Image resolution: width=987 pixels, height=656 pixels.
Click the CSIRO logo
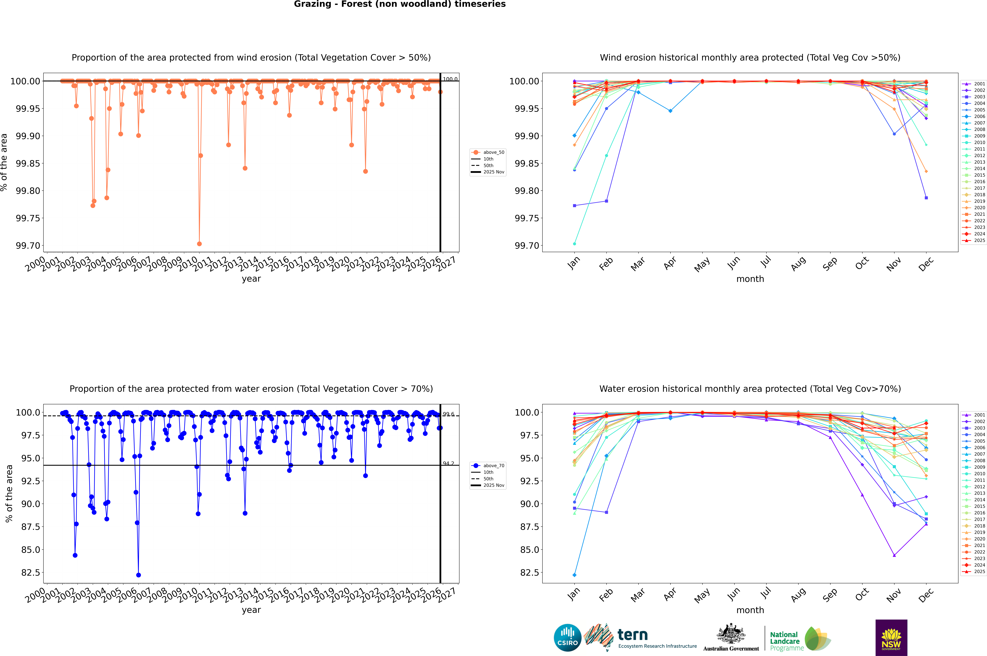click(567, 638)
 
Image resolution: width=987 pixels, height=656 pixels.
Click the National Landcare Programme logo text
click(785, 641)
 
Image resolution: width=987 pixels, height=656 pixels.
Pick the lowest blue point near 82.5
click(139, 575)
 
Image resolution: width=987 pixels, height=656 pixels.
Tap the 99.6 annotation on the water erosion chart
click(448, 414)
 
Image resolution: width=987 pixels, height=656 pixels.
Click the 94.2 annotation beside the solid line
click(448, 464)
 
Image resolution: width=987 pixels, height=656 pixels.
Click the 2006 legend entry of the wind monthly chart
click(979, 116)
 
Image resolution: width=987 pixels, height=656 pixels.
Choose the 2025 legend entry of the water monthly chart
click(979, 571)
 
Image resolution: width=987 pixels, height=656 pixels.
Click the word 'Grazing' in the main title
click(312, 4)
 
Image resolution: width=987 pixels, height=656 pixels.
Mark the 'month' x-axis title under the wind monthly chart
click(750, 279)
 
